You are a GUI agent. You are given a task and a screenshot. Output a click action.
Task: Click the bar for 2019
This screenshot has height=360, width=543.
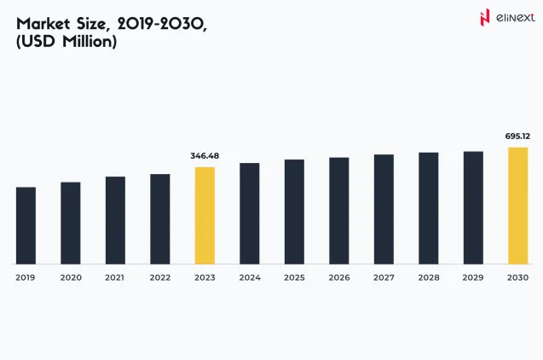pyautogui.click(x=26, y=225)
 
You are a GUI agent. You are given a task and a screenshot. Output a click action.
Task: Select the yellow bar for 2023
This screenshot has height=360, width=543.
pyautogui.click(x=205, y=215)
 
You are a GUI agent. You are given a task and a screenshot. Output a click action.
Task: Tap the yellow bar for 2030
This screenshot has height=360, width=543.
pyautogui.click(x=517, y=206)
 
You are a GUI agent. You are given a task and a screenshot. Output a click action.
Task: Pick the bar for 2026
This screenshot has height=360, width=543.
pyautogui.click(x=338, y=211)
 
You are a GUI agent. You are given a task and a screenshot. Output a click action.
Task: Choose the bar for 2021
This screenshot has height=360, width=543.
pyautogui.click(x=115, y=220)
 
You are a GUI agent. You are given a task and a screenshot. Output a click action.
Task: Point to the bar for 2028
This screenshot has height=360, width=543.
pyautogui.click(x=428, y=208)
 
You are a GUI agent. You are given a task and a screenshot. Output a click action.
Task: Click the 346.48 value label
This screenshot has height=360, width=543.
pyautogui.click(x=205, y=156)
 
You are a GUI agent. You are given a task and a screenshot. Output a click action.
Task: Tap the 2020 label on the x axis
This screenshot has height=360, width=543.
pyautogui.click(x=71, y=278)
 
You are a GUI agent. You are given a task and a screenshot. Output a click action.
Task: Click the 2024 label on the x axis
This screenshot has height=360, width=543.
pyautogui.click(x=249, y=278)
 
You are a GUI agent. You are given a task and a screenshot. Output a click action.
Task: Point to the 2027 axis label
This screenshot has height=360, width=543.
pyautogui.click(x=384, y=278)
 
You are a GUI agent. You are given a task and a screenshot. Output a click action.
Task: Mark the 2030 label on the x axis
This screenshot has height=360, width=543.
pyautogui.click(x=517, y=278)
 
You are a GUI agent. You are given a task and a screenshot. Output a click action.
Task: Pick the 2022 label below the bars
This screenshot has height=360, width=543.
pyautogui.click(x=159, y=278)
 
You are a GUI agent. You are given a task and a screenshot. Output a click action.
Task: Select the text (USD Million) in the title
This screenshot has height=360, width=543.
pyautogui.click(x=66, y=42)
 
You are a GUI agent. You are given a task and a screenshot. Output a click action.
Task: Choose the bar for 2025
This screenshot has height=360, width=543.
pyautogui.click(x=294, y=212)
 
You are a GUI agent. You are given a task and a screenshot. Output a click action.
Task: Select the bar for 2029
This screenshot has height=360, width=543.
pyautogui.click(x=473, y=207)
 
